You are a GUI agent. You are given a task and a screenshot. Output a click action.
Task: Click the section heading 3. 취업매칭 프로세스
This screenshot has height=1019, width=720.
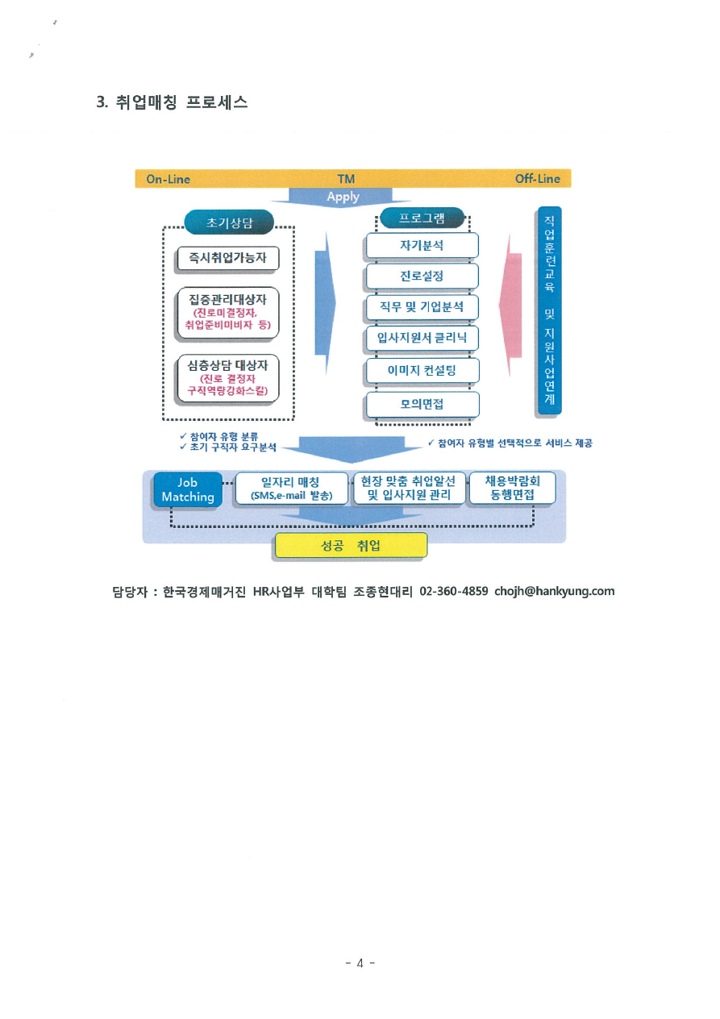click(x=172, y=102)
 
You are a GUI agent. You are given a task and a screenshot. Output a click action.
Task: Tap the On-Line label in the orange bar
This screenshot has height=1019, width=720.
click(x=168, y=179)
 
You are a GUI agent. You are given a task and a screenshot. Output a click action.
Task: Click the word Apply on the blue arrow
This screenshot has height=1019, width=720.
click(x=343, y=197)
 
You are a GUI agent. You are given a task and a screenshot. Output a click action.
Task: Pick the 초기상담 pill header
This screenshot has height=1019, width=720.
click(x=229, y=222)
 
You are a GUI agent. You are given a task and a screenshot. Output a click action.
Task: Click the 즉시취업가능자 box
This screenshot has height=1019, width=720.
click(x=228, y=258)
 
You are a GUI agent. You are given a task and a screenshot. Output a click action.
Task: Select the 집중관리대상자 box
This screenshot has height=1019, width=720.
click(x=228, y=311)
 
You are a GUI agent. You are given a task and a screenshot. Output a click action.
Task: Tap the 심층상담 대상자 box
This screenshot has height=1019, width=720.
click(x=228, y=378)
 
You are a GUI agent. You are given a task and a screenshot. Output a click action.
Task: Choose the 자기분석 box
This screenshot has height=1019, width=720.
click(x=422, y=245)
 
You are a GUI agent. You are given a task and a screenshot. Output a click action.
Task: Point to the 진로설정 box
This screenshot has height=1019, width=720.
click(x=422, y=277)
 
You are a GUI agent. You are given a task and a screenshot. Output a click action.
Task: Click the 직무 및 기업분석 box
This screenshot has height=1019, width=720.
click(x=422, y=307)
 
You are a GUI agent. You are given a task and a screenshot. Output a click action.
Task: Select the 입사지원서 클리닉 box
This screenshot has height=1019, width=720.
click(x=422, y=338)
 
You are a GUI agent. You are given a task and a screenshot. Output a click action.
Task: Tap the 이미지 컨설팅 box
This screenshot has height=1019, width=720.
click(x=422, y=371)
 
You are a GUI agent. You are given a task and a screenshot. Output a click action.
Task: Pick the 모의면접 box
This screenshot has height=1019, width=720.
click(x=422, y=404)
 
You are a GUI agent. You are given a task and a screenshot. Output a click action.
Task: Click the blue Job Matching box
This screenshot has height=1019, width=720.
click(x=188, y=489)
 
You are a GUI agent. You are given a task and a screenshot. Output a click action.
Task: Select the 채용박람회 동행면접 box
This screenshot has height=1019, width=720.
click(x=512, y=488)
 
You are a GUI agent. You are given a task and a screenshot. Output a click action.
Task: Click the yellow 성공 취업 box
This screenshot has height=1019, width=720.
click(x=351, y=546)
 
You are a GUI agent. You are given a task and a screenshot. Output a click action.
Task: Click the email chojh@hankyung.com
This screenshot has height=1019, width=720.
click(x=554, y=591)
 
